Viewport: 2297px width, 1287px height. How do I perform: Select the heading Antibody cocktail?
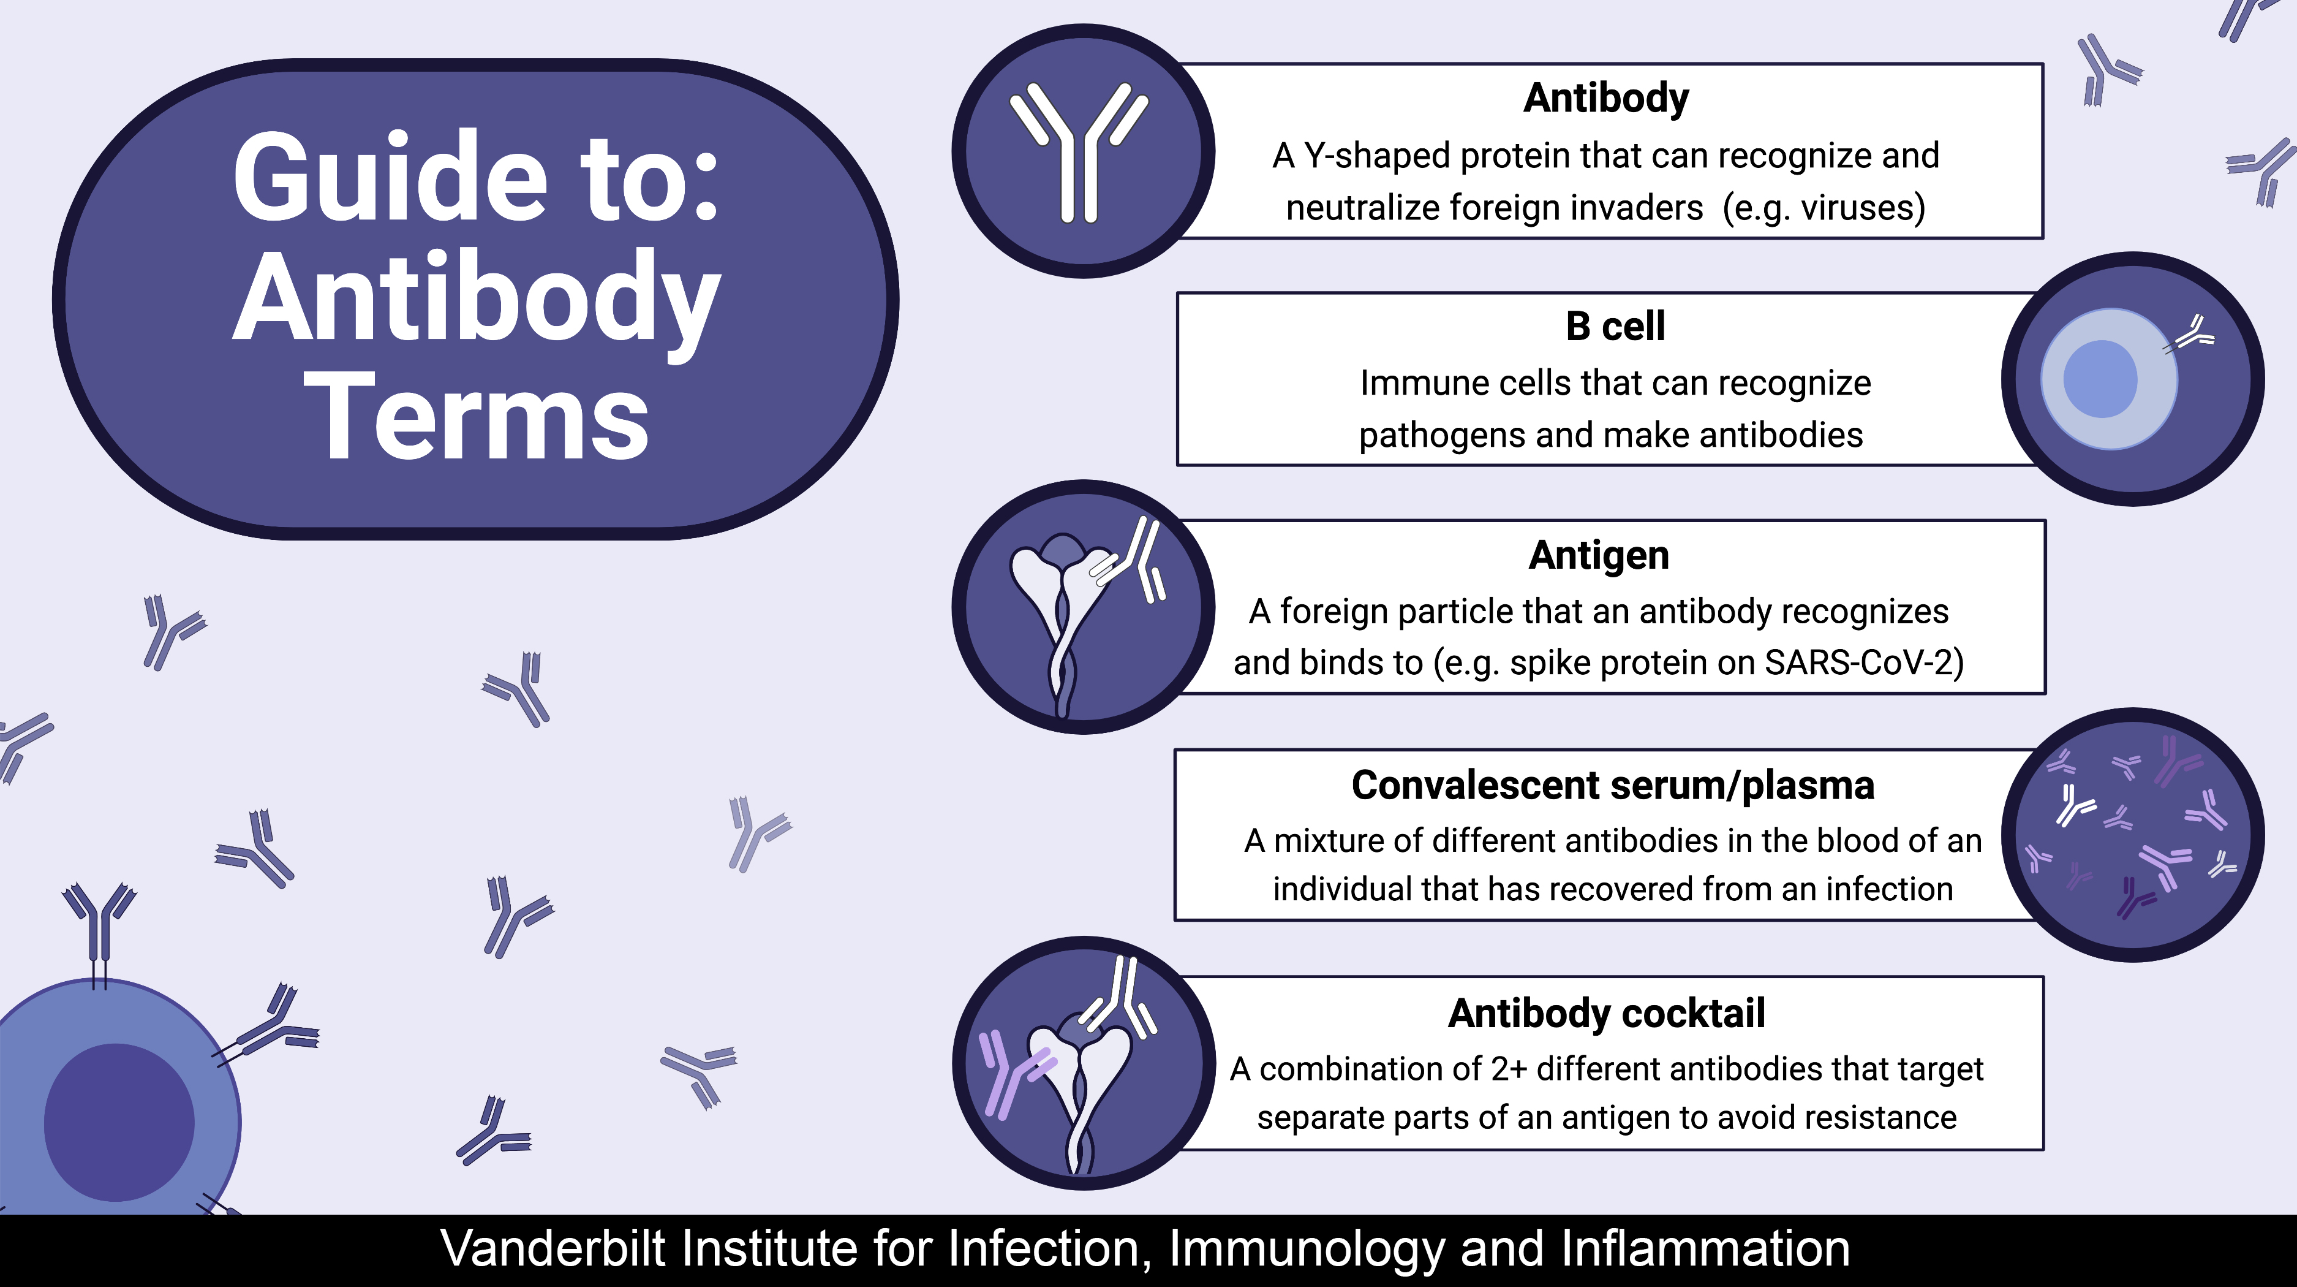(x=1606, y=1013)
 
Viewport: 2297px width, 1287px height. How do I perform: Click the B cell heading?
(x=1615, y=327)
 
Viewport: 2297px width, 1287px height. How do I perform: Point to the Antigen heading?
(x=1599, y=555)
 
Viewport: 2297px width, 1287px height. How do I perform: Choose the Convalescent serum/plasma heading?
(x=1612, y=786)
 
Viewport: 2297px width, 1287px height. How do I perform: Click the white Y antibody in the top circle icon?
(x=1079, y=151)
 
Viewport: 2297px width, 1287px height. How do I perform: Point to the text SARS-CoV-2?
(x=1864, y=662)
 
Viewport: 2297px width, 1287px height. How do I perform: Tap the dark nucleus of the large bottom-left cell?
(x=119, y=1122)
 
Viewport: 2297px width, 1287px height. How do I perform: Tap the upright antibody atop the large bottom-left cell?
(x=99, y=928)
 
